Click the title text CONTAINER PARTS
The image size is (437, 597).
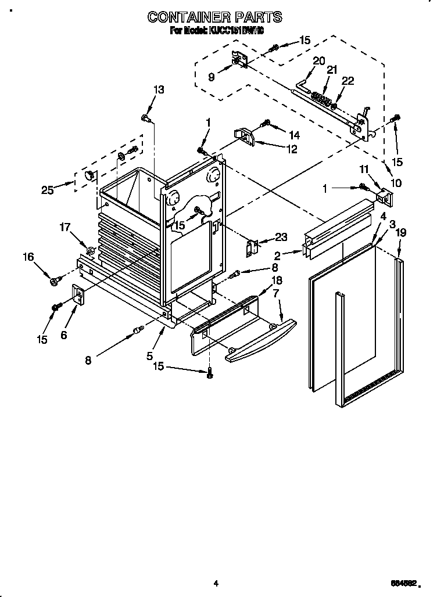(x=215, y=17)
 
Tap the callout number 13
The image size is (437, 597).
(x=158, y=89)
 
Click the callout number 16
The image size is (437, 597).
(x=28, y=257)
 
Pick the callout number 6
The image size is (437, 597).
(x=63, y=335)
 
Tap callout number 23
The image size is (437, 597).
(x=281, y=236)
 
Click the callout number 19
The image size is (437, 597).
(x=400, y=232)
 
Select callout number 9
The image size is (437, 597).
(x=211, y=76)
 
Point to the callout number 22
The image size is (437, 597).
(x=348, y=81)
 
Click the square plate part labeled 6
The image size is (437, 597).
(x=77, y=294)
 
